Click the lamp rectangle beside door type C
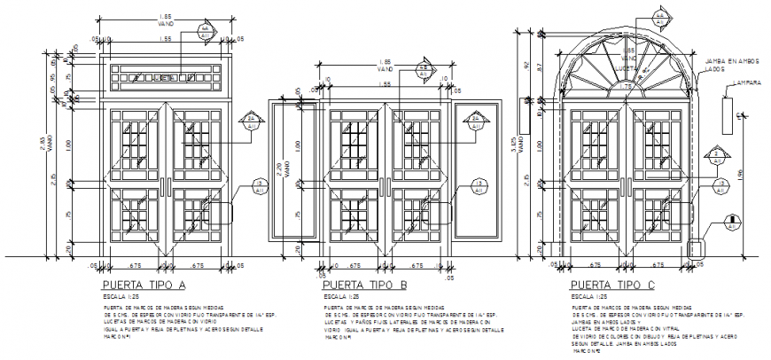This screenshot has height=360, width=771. point(726,114)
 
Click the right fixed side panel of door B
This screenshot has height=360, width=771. point(474,171)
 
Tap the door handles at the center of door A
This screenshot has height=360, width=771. point(165,185)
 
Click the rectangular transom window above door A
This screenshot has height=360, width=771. point(165,79)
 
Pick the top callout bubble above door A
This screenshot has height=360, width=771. point(205,29)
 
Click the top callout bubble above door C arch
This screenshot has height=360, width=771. point(659,19)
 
